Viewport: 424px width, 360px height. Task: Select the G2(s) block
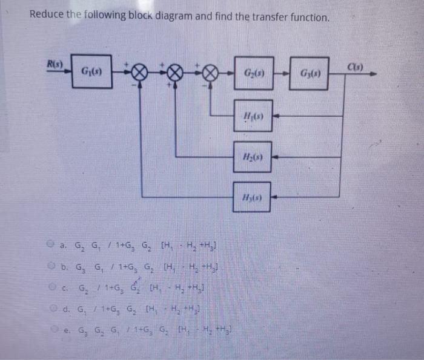coord(253,74)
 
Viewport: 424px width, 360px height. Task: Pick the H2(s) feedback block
coord(253,157)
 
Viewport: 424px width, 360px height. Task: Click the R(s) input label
coord(56,62)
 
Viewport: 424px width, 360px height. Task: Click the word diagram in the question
coord(188,17)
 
